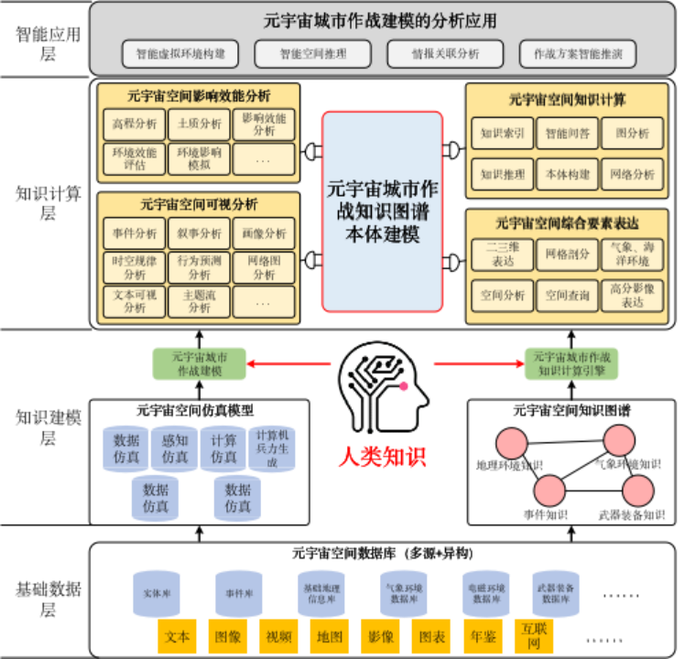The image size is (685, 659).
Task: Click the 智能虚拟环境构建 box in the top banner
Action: [x=179, y=54]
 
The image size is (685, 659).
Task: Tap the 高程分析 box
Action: [x=135, y=124]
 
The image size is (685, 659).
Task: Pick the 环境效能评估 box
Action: [x=135, y=159]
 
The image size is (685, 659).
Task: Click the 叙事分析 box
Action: [x=199, y=233]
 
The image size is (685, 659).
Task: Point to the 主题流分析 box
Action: [x=199, y=301]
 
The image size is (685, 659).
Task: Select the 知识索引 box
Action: [x=502, y=133]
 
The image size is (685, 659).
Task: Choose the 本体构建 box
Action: [x=568, y=174]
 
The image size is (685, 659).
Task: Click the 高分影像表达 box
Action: [x=633, y=296]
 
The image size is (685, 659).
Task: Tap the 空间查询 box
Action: [x=568, y=296]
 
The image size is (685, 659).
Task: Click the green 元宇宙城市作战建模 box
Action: [x=200, y=363]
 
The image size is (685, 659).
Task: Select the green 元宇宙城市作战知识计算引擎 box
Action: [x=571, y=363]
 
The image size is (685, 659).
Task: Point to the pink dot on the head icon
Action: [x=403, y=386]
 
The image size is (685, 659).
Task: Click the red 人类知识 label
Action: [x=382, y=456]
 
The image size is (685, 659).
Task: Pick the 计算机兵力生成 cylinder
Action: [x=272, y=448]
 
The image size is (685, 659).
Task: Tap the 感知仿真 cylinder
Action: [x=174, y=448]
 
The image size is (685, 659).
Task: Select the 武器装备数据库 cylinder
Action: [x=556, y=593]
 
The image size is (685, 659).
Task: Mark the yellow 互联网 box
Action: [x=534, y=636]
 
